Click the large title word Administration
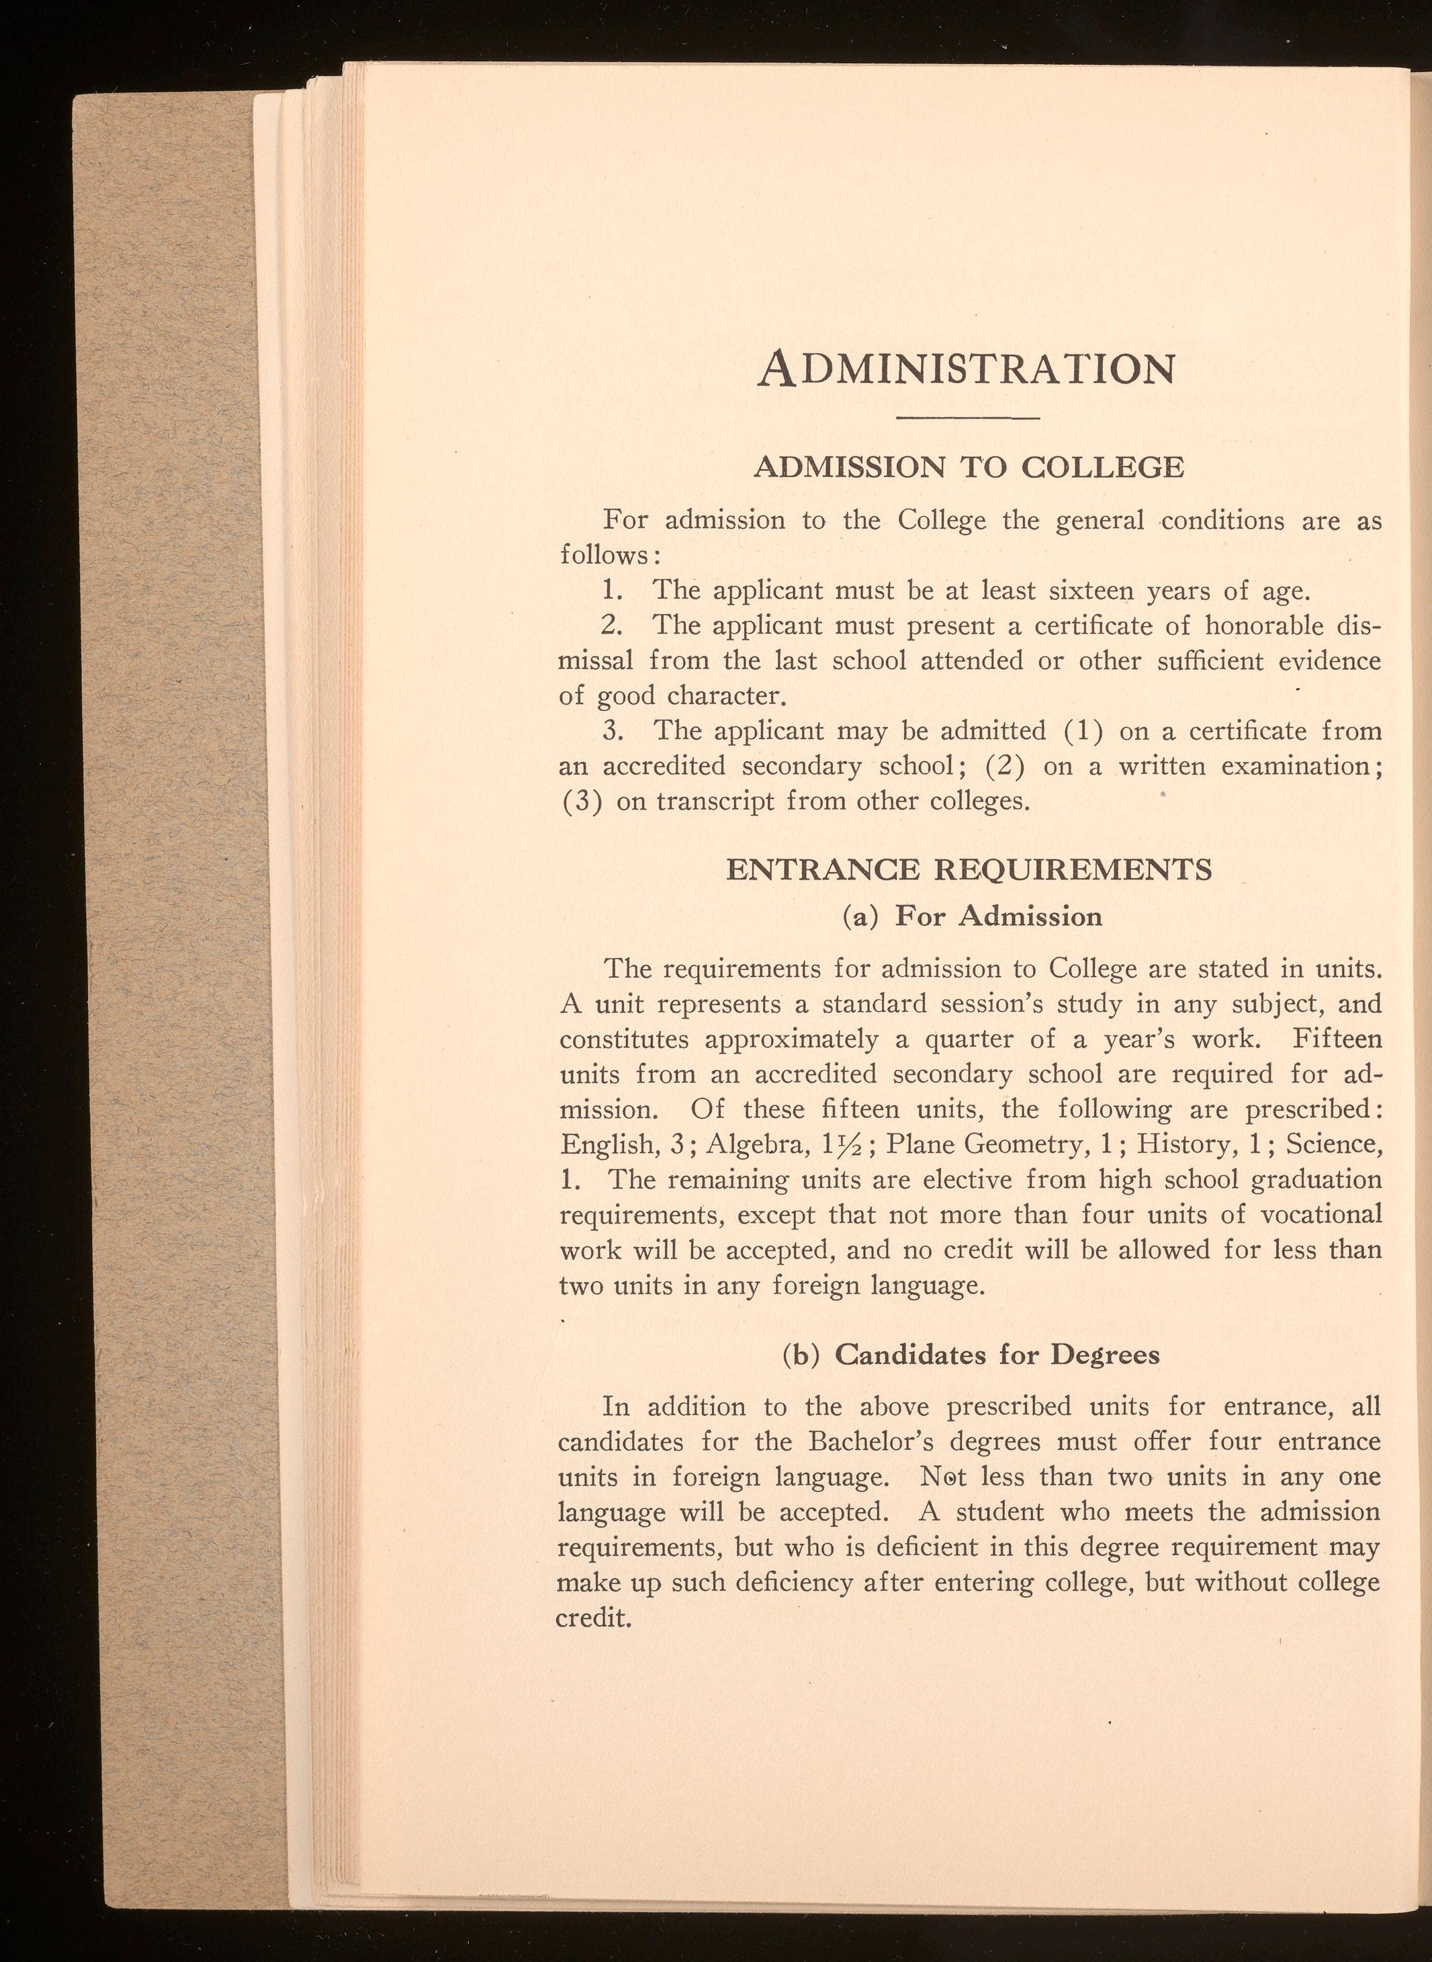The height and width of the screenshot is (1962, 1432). point(967,368)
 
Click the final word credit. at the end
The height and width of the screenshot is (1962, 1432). point(592,1618)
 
